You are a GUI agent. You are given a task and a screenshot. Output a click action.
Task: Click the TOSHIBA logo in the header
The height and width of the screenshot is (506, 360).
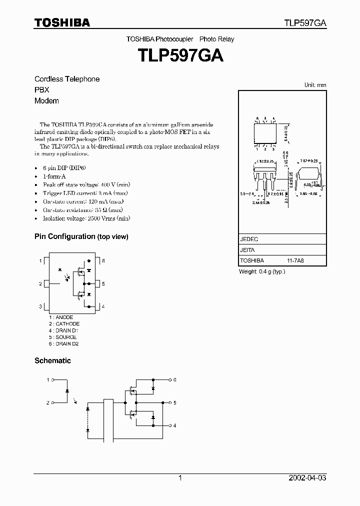tap(62, 22)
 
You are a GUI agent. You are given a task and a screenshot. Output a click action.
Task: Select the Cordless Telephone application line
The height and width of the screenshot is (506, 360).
tap(67, 79)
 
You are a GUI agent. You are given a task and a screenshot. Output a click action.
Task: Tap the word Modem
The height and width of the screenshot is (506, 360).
tap(46, 100)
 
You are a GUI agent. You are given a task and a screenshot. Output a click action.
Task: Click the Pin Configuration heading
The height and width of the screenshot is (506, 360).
tap(81, 236)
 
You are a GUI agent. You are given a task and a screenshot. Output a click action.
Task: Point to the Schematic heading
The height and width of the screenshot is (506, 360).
tap(52, 360)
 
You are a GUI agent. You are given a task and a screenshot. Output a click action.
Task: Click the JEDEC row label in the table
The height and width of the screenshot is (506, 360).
tap(248, 239)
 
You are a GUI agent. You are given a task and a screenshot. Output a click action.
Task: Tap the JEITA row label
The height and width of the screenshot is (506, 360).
tap(247, 250)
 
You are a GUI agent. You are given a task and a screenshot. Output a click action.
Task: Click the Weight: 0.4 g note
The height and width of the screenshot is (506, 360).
tap(262, 271)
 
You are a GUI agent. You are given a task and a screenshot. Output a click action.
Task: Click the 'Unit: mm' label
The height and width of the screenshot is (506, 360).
tap(315, 85)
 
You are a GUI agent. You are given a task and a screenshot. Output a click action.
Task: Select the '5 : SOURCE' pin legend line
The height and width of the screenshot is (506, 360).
tap(63, 337)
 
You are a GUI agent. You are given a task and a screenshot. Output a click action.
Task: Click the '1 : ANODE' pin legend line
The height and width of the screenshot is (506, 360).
tap(61, 317)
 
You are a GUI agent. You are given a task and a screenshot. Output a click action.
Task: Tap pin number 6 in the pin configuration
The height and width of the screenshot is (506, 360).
tap(103, 261)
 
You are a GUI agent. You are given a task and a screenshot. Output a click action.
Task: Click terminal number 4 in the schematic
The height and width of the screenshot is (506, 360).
tap(174, 425)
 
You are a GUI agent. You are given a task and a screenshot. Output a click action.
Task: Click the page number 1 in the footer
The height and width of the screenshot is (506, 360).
tap(180, 478)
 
